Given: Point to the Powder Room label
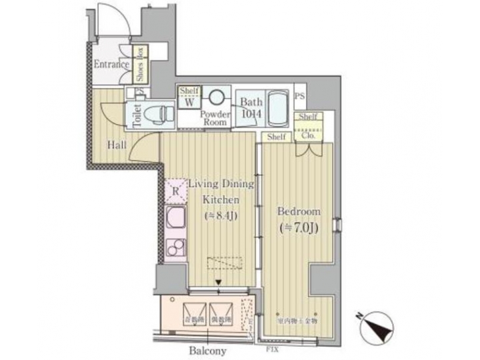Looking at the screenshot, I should coord(216,118).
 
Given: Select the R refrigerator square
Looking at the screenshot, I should coord(175,191).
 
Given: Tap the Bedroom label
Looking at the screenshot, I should coord(299,211).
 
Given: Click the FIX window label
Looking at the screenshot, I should coord(272,348).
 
